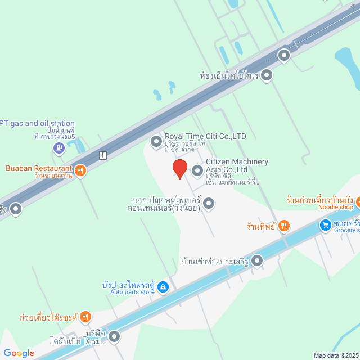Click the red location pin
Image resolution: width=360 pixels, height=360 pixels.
[x=179, y=169]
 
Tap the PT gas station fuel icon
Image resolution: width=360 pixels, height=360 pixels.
[x=58, y=148]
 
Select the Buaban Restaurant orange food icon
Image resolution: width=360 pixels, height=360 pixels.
[x=80, y=169]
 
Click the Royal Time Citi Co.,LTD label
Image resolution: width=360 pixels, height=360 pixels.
[x=205, y=136]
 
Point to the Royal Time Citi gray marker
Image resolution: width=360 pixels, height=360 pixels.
[x=156, y=141]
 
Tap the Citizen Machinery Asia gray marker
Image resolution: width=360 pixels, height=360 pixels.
[x=197, y=170]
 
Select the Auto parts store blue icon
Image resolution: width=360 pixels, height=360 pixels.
[x=163, y=287]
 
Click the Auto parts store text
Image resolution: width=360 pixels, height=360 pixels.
[x=132, y=292]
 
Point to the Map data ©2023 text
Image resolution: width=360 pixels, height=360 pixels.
[x=335, y=355]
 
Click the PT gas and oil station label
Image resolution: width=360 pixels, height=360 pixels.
[x=37, y=123]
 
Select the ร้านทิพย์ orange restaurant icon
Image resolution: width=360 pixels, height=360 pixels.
[x=284, y=226]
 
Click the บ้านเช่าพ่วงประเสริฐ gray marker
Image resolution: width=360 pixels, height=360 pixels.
[x=257, y=260]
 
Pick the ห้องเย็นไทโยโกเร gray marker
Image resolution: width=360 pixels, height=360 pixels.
[x=267, y=75]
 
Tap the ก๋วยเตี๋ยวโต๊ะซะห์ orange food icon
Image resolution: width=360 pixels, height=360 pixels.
[x=85, y=317]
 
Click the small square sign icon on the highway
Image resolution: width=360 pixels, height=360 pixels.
[x=102, y=155]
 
